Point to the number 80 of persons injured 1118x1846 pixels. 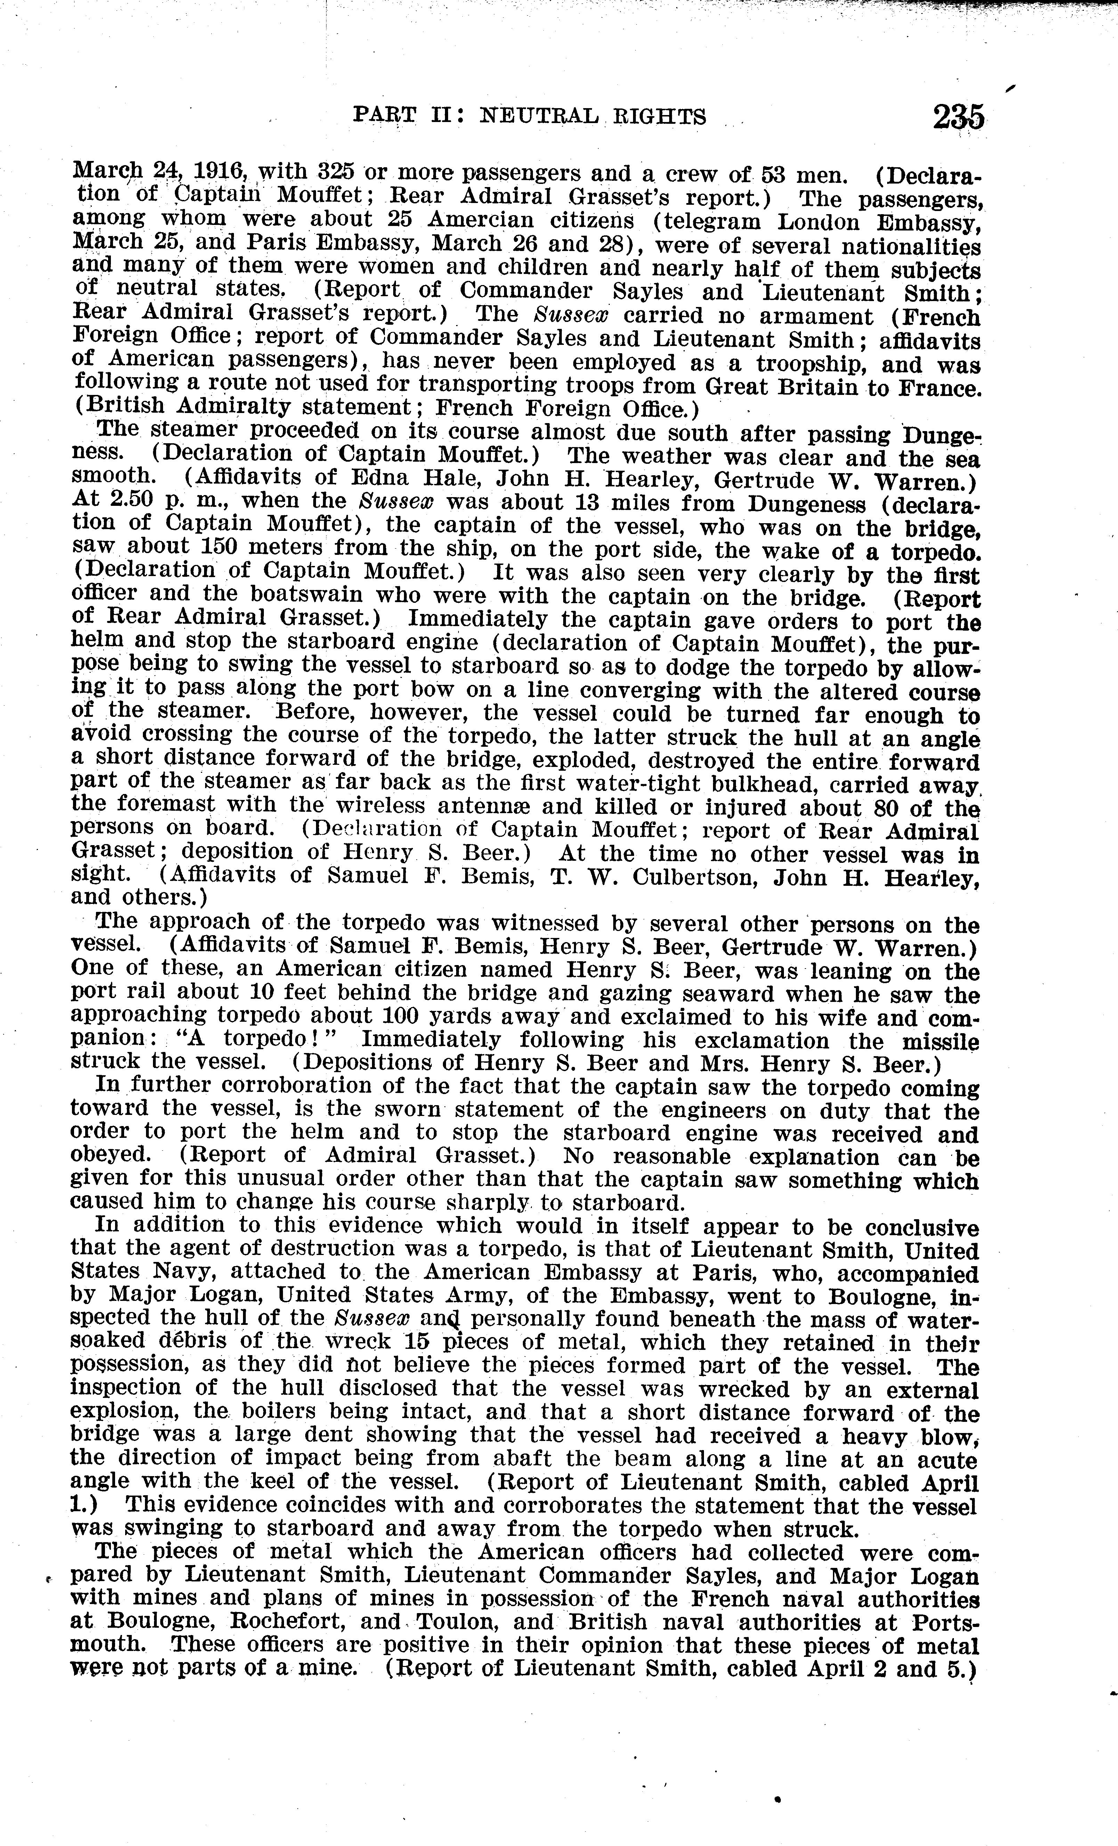897,808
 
